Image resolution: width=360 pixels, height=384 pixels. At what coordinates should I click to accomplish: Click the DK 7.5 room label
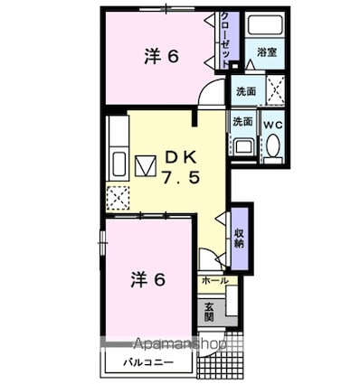point(181,167)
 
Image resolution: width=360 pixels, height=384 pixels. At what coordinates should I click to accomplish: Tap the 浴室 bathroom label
point(267,52)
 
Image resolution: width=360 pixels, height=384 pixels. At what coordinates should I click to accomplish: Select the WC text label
point(273,125)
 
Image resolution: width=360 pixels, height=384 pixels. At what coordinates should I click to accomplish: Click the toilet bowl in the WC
point(274,145)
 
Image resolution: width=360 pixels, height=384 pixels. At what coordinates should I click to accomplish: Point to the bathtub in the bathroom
point(265,24)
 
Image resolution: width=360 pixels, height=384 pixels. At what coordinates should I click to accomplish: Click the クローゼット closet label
point(225,40)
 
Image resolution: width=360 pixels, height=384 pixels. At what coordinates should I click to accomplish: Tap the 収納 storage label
point(240,239)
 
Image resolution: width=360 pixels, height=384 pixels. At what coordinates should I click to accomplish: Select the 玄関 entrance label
point(209,312)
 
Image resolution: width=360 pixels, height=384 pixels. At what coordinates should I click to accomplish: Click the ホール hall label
point(214,281)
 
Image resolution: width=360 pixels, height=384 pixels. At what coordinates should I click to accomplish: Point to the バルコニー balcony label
point(148,362)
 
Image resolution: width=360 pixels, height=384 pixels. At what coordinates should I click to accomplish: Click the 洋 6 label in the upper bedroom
point(162,56)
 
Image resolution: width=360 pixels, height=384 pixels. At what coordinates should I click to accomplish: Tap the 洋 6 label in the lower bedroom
point(148,280)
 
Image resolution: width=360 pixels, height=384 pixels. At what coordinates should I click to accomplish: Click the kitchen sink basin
point(118,164)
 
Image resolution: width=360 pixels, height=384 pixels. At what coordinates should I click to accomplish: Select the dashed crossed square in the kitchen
point(118,198)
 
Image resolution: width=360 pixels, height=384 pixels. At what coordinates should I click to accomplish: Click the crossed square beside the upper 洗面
point(276,89)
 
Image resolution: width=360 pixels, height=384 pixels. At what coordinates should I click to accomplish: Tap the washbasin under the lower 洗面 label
point(244,146)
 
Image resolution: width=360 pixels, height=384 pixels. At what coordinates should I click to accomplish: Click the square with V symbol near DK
point(146,165)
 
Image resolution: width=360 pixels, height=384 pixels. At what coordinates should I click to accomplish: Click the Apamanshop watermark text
point(179,343)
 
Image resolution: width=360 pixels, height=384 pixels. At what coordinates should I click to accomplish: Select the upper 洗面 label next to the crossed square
point(246,91)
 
